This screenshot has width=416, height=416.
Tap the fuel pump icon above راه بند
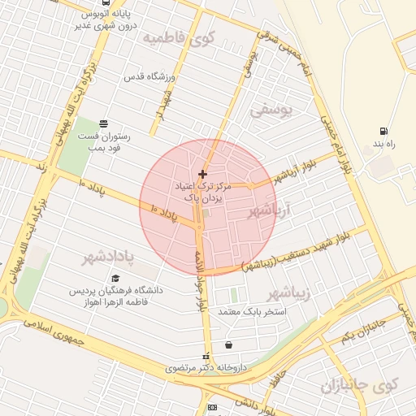383,131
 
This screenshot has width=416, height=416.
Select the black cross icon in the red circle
202,174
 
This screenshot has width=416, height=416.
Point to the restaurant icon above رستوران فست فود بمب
103,123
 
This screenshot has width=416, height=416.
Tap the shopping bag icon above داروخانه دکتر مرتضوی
227,344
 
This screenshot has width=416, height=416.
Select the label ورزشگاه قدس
150,76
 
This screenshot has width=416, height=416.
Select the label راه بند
383,144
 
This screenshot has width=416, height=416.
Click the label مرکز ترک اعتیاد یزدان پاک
203,192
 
